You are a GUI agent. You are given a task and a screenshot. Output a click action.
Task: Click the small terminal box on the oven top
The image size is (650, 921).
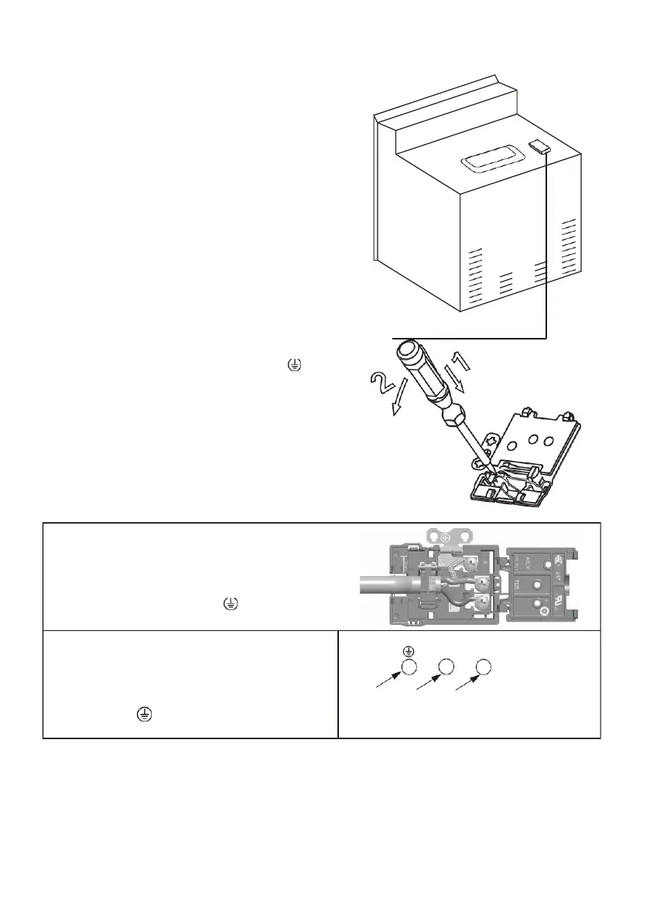click(x=540, y=145)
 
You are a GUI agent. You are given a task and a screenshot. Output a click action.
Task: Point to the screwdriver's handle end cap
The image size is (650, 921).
click(x=405, y=353)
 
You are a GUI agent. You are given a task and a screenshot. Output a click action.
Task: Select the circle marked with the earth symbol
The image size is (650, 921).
click(x=409, y=667)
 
